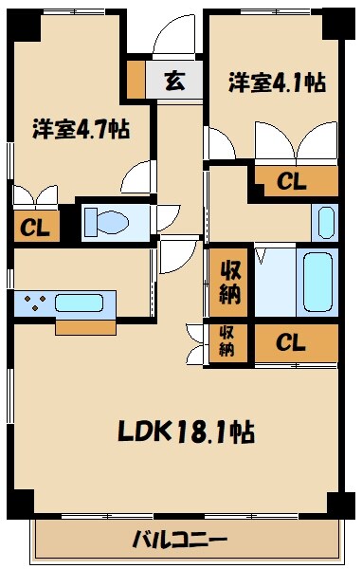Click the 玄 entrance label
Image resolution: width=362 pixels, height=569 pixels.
click(175, 81)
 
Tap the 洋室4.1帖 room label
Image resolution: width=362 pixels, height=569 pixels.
click(277, 83)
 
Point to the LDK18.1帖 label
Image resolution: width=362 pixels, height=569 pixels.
click(185, 431)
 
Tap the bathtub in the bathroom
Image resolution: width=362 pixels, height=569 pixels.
click(316, 283)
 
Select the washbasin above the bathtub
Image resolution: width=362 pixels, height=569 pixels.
click(323, 222)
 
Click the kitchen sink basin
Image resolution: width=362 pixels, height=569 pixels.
click(84, 304)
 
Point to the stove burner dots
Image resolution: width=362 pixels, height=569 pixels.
click(36, 304)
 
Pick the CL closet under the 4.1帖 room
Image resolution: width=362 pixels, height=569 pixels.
click(292, 180)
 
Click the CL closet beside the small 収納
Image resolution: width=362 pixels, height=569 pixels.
click(292, 342)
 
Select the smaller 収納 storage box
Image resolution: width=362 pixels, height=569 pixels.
click(229, 341)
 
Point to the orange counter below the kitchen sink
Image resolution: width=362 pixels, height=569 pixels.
click(85, 326)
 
